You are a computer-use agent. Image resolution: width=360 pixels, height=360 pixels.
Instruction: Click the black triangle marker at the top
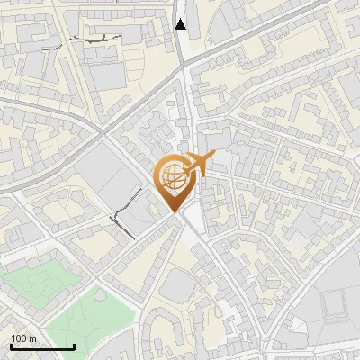point(181,24)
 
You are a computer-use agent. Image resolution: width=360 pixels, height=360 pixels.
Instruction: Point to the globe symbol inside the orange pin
point(174,177)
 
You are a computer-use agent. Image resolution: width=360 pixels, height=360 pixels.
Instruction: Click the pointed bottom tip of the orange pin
point(175,211)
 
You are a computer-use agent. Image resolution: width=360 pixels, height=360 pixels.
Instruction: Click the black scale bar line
point(42,346)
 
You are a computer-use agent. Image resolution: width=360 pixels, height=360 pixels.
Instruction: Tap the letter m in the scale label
point(32,338)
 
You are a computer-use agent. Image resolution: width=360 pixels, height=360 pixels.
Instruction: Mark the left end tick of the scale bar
point(11,346)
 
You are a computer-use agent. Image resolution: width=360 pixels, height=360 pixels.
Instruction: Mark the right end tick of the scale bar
point(74,346)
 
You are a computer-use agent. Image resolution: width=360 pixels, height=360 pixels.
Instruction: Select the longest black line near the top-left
point(95,39)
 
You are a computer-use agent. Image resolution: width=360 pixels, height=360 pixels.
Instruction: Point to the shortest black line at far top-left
point(55,42)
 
